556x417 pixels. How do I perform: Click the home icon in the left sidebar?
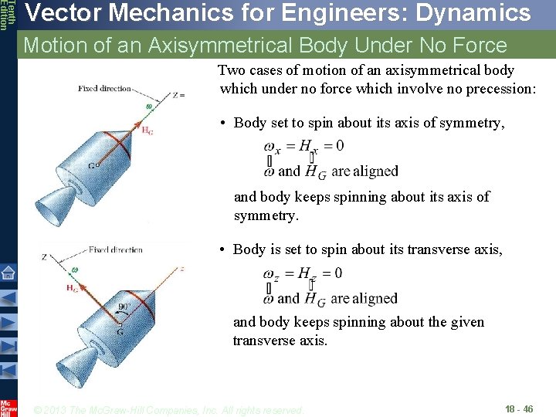coord(8,273)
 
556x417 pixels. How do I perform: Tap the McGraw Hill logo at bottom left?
coord(8,407)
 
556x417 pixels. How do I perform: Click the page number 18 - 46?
coord(519,409)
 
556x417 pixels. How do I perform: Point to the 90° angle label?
coord(125,307)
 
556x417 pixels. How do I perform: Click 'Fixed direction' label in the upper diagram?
coord(104,89)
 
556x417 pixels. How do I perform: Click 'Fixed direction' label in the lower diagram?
coord(115,250)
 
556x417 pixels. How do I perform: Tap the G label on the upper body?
coord(91,165)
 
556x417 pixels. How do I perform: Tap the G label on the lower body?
coord(120,333)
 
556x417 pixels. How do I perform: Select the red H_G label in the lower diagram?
coord(72,289)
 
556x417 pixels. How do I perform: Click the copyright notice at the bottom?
coord(170,409)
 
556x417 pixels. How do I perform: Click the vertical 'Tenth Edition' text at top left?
coord(6,15)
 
